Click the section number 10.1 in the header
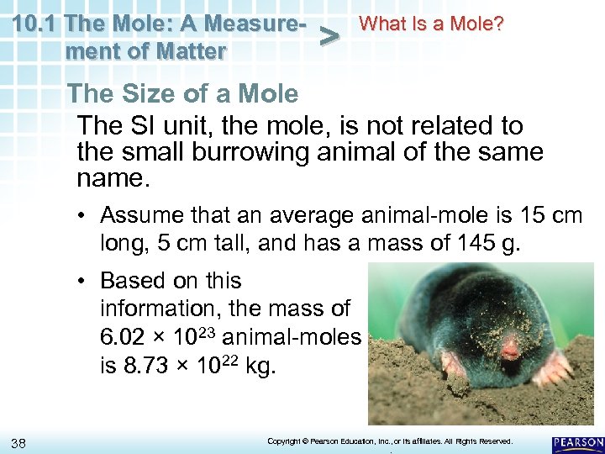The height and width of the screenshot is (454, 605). point(36,23)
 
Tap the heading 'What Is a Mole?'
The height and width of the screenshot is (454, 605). point(431,24)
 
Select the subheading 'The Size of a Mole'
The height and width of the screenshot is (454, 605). point(182,93)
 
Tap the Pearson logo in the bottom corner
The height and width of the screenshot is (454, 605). point(578,443)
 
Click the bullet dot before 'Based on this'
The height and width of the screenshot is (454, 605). point(87,281)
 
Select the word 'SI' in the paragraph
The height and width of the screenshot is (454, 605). point(138,126)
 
